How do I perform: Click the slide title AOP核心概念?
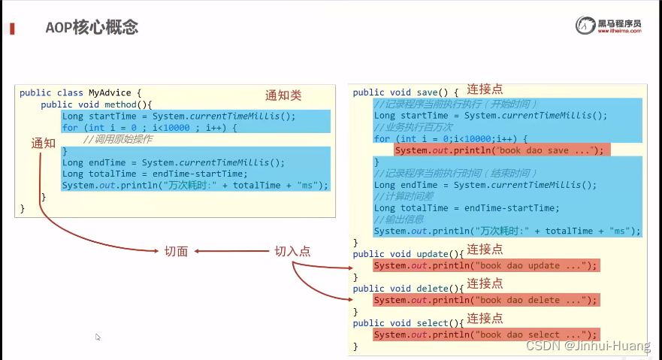(92, 28)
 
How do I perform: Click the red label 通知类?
(283, 95)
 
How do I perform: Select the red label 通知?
(44, 143)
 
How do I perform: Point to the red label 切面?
(176, 252)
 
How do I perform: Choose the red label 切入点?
(292, 252)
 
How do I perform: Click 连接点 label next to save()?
(485, 89)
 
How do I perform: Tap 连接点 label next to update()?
(485, 250)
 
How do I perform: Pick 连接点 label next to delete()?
(485, 283)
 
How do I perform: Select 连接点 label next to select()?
(485, 318)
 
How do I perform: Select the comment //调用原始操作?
(118, 139)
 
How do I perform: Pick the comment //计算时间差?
(405, 196)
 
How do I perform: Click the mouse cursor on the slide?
(98, 337)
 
